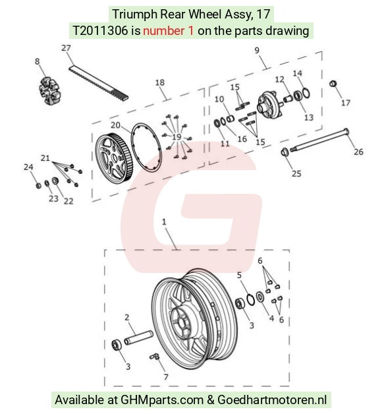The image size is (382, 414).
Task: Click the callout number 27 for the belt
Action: [x=67, y=48]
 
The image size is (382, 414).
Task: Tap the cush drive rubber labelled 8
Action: [x=49, y=91]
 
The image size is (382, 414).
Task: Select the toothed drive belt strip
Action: [x=98, y=83]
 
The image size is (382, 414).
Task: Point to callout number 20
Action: [x=115, y=125]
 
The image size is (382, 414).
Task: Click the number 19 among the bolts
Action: [x=177, y=136]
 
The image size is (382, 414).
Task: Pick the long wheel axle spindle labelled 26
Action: [x=319, y=140]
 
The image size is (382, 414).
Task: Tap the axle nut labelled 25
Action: [x=285, y=152]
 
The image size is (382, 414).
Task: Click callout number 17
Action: [x=346, y=102]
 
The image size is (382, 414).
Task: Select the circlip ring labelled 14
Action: [x=306, y=93]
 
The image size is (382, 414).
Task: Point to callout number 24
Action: [x=28, y=167]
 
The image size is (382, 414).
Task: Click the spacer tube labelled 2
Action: [x=138, y=338]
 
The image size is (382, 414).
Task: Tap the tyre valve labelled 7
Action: [x=155, y=357]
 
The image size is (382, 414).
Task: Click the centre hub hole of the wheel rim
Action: [x=182, y=322]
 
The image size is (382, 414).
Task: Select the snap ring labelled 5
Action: [x=250, y=300]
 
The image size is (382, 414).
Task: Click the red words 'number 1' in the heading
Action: [x=169, y=31]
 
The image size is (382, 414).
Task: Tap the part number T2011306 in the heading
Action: [x=100, y=31]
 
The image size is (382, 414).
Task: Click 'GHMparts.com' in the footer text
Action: [x=162, y=399]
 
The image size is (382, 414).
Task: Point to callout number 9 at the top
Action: [x=257, y=50]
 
